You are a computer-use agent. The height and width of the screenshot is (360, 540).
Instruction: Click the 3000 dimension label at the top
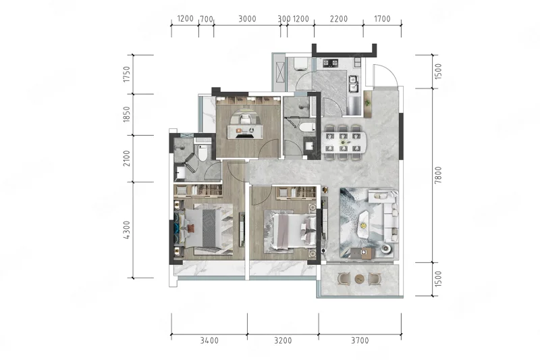(247, 19)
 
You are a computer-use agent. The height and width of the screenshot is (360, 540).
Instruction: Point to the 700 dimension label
(207, 19)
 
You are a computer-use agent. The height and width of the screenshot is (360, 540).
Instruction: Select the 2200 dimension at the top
(339, 19)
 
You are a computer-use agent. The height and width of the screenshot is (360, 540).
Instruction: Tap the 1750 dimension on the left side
(127, 74)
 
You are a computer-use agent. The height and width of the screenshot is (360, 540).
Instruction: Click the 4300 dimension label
(127, 230)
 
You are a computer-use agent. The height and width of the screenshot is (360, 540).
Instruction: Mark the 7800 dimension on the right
(437, 175)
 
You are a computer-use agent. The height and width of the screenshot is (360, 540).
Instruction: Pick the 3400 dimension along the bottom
(209, 340)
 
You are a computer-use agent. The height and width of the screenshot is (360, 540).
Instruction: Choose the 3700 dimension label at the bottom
(360, 340)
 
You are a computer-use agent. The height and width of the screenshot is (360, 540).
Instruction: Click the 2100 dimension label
(127, 158)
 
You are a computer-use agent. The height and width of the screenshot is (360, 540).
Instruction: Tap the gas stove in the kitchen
(330, 63)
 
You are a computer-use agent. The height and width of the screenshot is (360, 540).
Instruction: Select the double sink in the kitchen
(354, 84)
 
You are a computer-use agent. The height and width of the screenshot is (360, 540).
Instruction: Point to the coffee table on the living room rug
(364, 224)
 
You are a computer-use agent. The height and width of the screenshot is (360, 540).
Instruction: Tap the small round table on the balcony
(359, 278)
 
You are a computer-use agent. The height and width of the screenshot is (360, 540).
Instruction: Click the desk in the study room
(245, 131)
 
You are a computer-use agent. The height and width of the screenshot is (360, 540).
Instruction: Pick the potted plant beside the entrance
(368, 103)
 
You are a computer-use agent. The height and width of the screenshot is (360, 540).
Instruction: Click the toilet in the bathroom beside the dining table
(307, 127)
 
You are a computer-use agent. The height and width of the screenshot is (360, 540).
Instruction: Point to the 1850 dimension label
(127, 114)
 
